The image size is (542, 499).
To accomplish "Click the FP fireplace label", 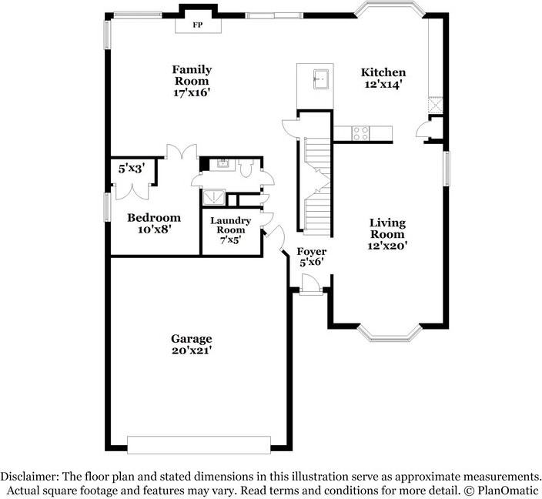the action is tap(197, 25).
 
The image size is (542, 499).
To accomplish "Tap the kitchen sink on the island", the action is tap(321, 79).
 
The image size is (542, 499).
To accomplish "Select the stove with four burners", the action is tap(360, 133).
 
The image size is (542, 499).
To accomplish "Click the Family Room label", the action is tap(192, 75).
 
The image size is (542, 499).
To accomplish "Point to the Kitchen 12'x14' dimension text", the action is tap(383, 84).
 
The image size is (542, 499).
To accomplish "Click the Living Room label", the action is tap(387, 229).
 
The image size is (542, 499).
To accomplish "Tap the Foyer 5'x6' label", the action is tap(312, 256).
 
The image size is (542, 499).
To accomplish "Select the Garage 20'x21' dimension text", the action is tap(192, 350).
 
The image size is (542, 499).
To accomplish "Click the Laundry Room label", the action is tap(230, 225).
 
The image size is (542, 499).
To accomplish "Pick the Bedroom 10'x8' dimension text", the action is tap(155, 229).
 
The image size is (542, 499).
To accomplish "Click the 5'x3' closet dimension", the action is tap(131, 169).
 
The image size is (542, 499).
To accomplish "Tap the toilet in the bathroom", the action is tap(246, 168).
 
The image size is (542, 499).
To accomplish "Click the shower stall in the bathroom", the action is tap(213, 198).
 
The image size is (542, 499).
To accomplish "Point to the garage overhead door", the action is tap(199, 444).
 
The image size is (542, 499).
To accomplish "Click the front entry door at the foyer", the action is tap(311, 284).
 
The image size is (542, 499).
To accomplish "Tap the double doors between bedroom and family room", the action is tap(182, 152).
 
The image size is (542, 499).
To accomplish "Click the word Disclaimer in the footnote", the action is tap(29, 476).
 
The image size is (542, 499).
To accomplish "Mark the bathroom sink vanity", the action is tap(222, 165).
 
